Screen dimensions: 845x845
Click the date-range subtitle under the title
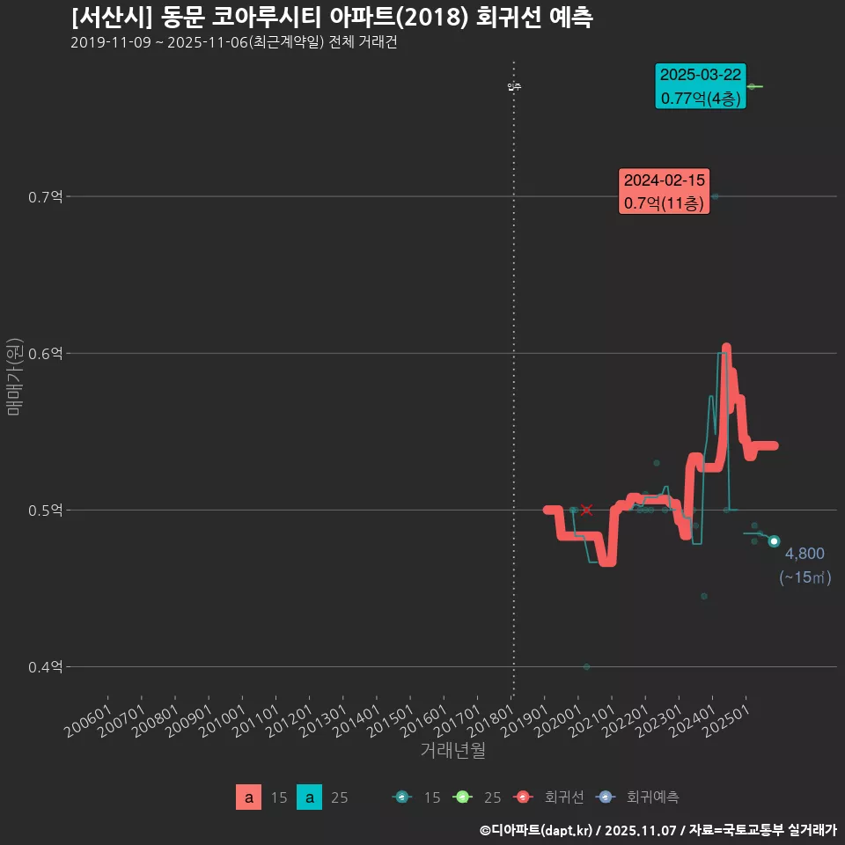[x=233, y=42]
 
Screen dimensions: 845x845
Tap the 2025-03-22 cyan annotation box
[x=701, y=86]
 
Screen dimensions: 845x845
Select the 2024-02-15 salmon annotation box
[x=665, y=191]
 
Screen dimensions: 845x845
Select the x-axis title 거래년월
[x=452, y=750]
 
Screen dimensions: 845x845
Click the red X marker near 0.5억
[x=587, y=511]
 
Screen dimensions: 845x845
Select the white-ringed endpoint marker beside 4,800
[x=774, y=541]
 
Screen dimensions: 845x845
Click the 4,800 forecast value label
[x=805, y=554]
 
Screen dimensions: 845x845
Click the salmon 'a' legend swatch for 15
[x=249, y=797]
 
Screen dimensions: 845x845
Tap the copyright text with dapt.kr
[x=658, y=829]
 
